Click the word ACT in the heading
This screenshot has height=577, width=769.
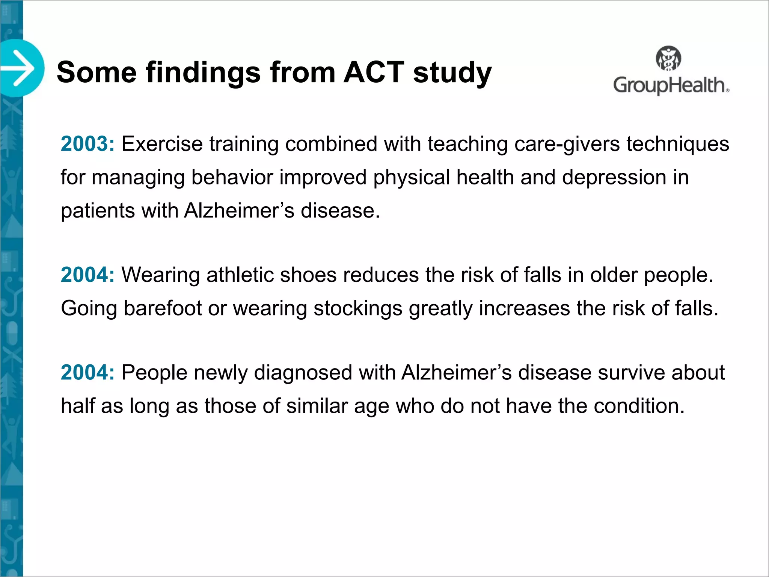coord(374,72)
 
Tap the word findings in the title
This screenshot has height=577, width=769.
coord(203,73)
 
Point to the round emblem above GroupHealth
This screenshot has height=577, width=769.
coord(668,59)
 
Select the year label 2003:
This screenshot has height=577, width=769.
coord(87,144)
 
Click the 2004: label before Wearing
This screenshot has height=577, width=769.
coord(87,275)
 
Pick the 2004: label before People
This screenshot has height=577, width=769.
coord(87,373)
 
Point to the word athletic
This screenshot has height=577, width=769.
coord(240,275)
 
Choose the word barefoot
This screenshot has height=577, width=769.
coord(163,308)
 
